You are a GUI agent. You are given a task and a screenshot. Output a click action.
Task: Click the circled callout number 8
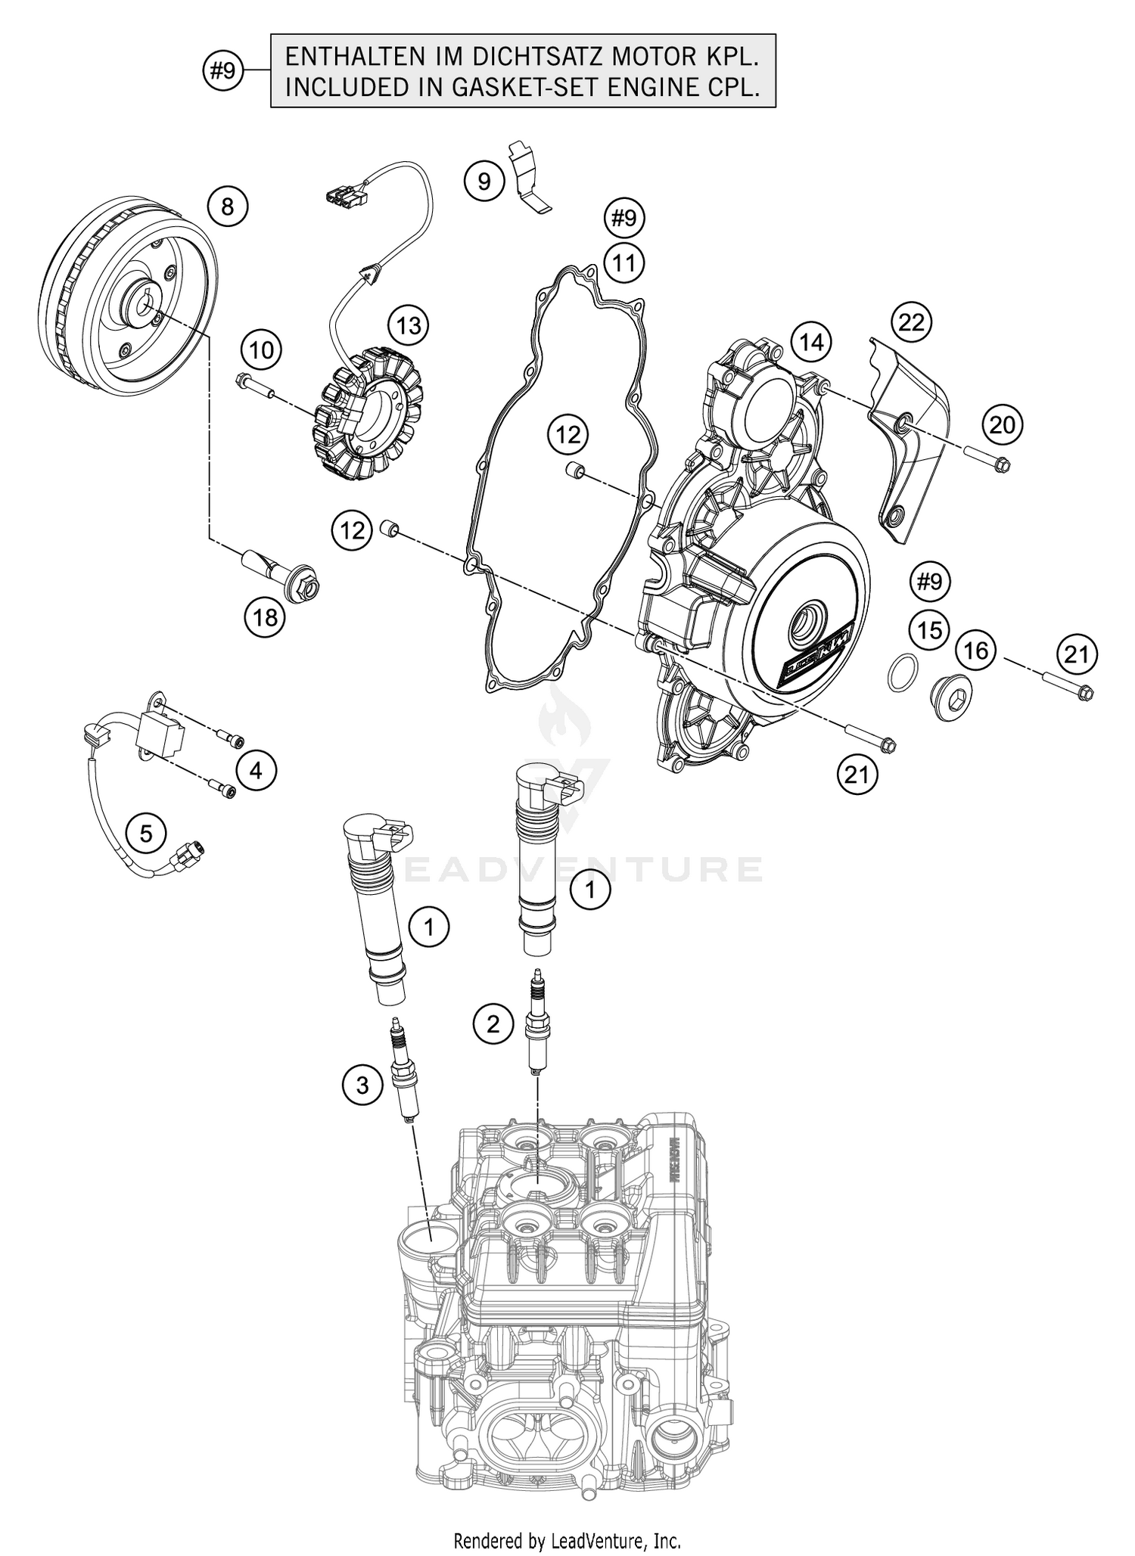click(228, 207)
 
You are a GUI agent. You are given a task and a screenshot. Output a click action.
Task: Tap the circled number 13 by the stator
click(409, 326)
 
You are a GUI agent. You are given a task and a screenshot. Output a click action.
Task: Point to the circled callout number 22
click(911, 322)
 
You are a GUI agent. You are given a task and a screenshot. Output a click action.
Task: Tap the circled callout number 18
click(266, 618)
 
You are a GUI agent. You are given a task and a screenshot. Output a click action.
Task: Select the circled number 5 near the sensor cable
click(146, 834)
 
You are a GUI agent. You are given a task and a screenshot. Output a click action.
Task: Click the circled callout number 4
click(256, 771)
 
